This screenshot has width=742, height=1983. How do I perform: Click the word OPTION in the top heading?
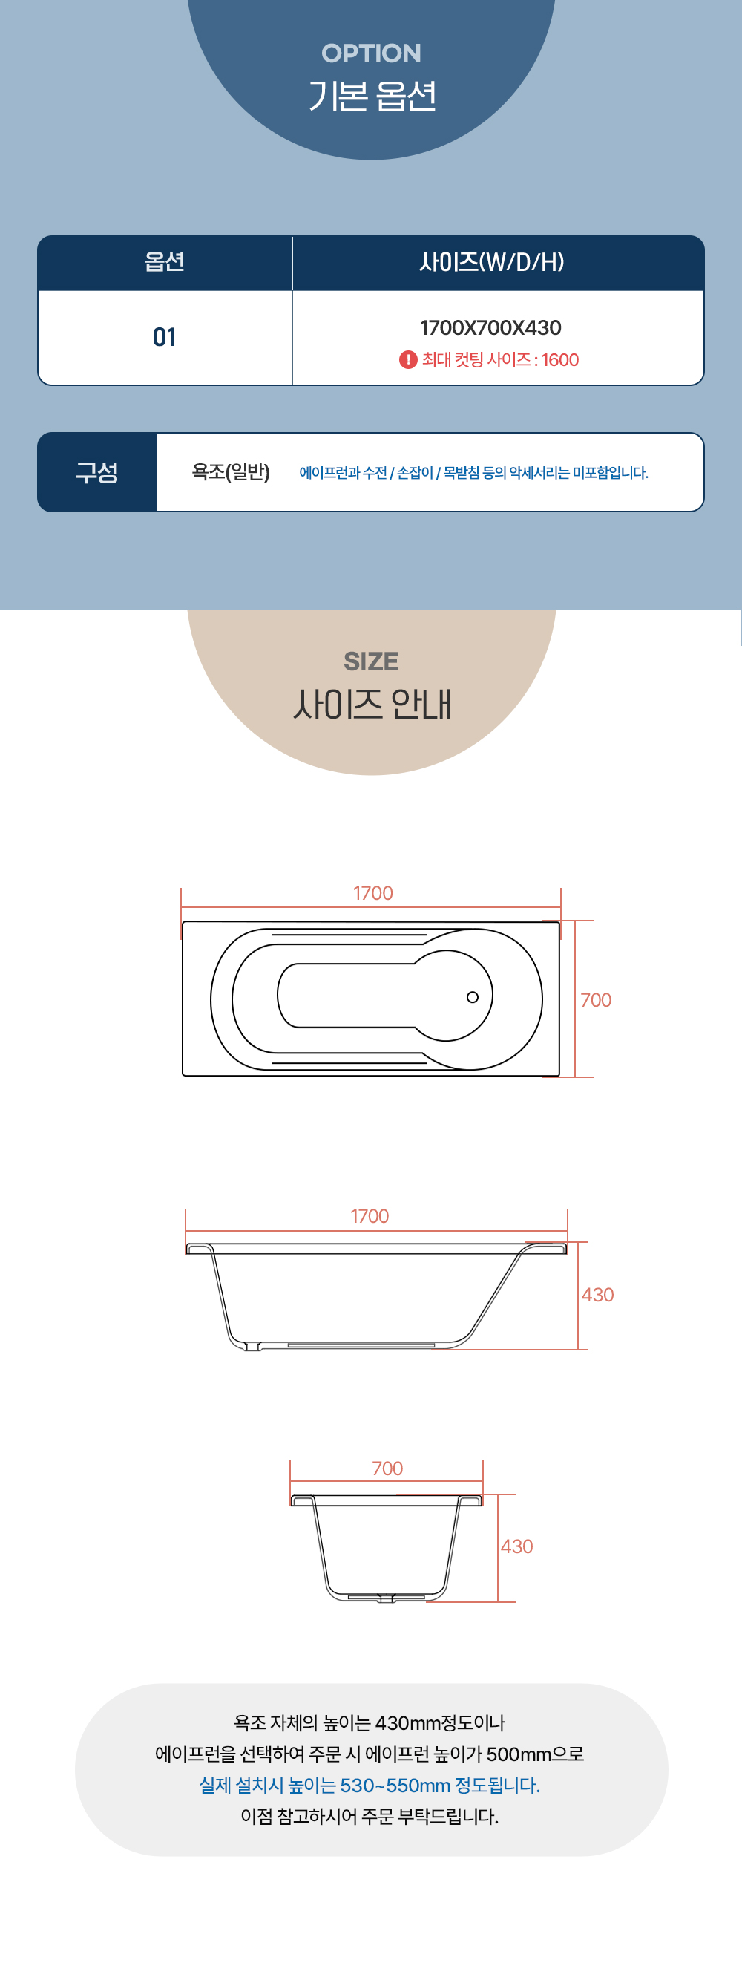371,53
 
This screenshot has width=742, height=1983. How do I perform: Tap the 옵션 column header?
165,262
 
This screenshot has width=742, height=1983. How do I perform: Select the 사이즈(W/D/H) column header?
492,262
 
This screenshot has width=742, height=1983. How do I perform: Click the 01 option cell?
165,337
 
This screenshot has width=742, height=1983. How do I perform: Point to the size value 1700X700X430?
490,328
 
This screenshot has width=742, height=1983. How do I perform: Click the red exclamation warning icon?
408,359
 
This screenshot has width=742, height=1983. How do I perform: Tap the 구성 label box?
97,472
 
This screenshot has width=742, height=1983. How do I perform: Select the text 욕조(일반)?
231,472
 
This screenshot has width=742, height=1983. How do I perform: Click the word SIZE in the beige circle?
371,661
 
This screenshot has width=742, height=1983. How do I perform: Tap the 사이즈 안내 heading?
372,705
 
